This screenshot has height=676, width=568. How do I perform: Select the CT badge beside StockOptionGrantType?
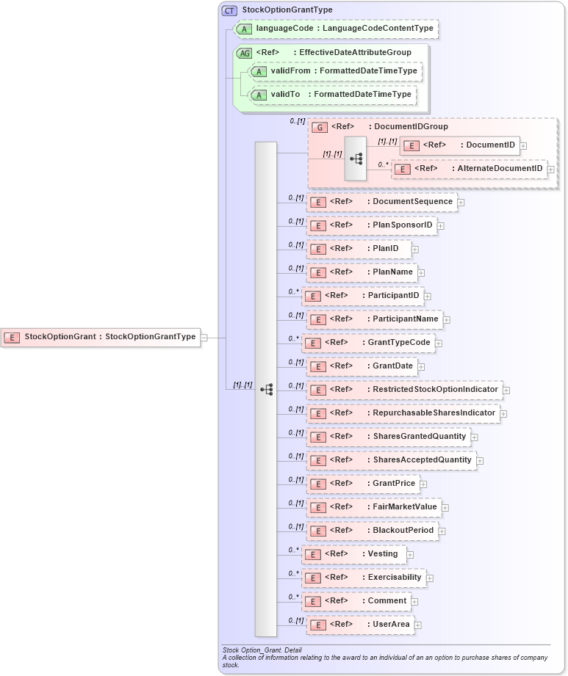229,10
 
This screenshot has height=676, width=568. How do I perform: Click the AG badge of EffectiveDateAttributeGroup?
244,53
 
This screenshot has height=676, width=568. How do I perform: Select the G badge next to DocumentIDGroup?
320,127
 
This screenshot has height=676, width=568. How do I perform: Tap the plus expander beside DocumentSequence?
461,202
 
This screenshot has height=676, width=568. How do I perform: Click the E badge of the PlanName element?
318,272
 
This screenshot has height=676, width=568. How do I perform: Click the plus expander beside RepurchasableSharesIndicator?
503,414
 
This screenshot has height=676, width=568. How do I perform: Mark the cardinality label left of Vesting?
293,550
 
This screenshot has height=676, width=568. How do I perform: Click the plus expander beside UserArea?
418,625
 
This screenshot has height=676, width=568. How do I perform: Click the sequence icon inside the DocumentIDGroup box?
356,158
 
